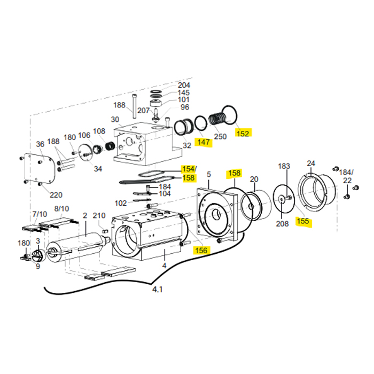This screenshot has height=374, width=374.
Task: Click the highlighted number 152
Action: (x=243, y=133)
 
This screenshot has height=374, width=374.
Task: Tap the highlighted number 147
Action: (x=203, y=142)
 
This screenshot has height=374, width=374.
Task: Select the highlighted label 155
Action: (x=303, y=222)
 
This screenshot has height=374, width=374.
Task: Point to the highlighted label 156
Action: (x=201, y=250)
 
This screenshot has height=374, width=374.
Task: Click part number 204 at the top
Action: (x=184, y=85)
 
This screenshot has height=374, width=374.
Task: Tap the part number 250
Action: (x=220, y=136)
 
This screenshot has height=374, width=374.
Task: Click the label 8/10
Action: (x=61, y=208)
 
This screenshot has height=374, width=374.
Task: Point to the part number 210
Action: (x=99, y=215)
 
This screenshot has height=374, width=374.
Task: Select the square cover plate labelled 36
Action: (x=40, y=169)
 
